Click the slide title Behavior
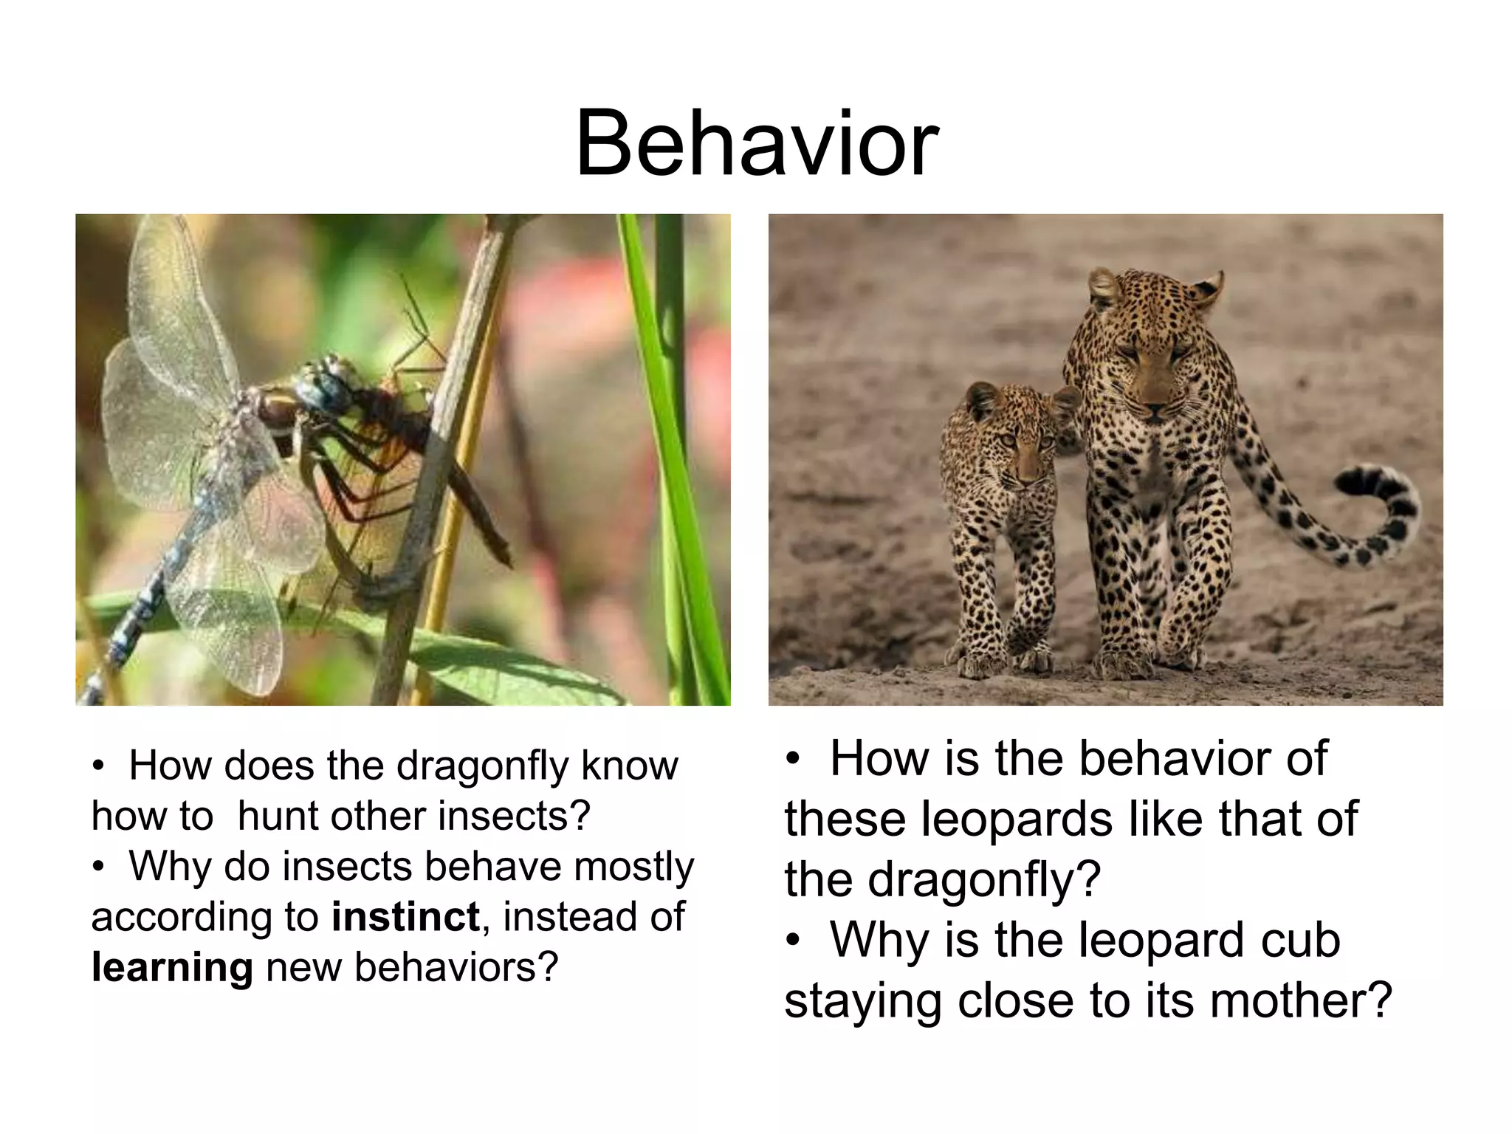coord(756,144)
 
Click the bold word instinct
coord(405,917)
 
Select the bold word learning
coord(172,967)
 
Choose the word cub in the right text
coord(1300,940)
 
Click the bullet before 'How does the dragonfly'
coord(98,766)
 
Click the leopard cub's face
coord(1019,450)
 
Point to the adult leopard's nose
coord(1154,408)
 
